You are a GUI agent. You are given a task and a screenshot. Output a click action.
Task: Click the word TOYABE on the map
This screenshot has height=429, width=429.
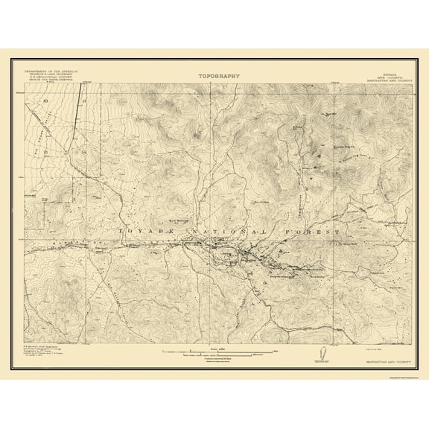click(x=139, y=233)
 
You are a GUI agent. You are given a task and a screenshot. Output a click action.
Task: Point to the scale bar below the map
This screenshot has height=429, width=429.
click(x=215, y=351)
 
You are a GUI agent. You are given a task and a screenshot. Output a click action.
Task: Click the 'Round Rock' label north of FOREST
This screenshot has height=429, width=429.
click(x=260, y=201)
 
